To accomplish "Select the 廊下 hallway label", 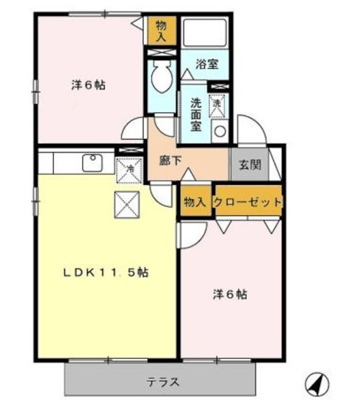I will coord(170,160).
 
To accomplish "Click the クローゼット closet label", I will coord(248,202).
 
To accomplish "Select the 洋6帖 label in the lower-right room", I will coord(229,294).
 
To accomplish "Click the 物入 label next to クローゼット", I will coord(194,202).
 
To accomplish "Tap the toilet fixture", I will coord(161,79).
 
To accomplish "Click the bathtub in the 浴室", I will coord(206,32).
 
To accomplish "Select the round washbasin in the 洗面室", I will coord(219,131).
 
